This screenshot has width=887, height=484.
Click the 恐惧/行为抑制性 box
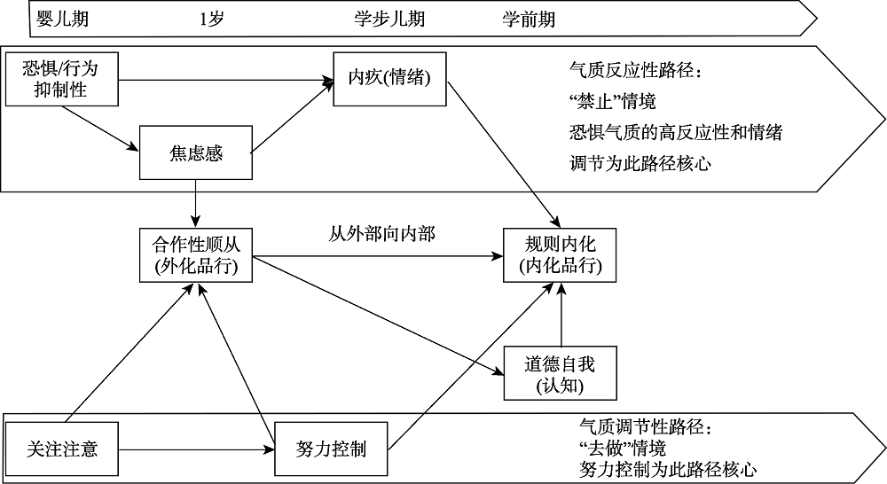[61, 78]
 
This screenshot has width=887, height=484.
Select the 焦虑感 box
[196, 153]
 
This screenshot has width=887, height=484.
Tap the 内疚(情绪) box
[389, 78]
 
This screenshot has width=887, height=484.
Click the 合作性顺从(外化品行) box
[196, 255]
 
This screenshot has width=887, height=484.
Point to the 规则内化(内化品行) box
[560, 255]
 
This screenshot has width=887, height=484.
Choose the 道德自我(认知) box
[560, 373]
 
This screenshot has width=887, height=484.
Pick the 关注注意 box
[61, 449]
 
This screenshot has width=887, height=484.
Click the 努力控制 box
[331, 449]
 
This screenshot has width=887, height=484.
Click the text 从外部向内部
[381, 235]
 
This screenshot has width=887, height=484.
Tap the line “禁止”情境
[612, 100]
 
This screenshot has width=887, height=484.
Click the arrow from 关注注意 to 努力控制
[195, 449]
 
